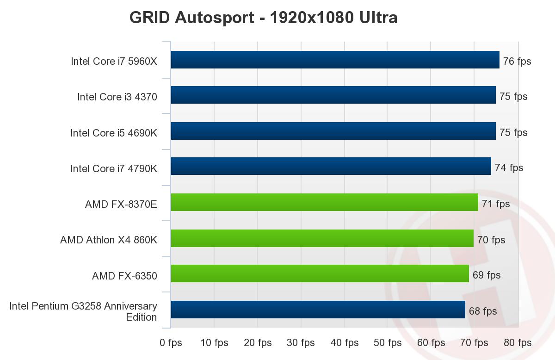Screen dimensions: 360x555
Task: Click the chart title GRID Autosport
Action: point(263,18)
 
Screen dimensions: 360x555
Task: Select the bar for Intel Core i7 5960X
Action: point(335,60)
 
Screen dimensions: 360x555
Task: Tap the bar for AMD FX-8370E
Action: point(324,202)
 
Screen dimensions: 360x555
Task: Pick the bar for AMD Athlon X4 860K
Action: point(322,238)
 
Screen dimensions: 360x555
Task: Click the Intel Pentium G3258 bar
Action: point(318,310)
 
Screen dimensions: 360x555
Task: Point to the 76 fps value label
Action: point(517,61)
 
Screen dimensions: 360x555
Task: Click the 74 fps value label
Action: point(509,168)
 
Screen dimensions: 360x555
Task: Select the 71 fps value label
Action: point(496,204)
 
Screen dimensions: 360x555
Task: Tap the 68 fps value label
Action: point(483,311)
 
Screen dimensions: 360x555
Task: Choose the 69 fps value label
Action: point(487,275)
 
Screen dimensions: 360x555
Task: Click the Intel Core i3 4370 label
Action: point(117,97)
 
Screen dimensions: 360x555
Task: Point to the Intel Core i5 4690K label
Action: point(114,133)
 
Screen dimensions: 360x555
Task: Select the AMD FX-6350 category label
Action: point(124,276)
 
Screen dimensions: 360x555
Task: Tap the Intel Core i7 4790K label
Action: point(114,169)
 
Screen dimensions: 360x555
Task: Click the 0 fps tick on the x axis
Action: point(171,343)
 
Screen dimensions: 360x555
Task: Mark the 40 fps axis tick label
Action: point(345,343)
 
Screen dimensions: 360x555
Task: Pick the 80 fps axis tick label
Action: point(518,343)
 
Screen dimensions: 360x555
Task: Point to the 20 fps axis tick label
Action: point(258,343)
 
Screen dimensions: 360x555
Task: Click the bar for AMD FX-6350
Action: point(320,273)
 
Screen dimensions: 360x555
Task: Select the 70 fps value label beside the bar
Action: point(491,240)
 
